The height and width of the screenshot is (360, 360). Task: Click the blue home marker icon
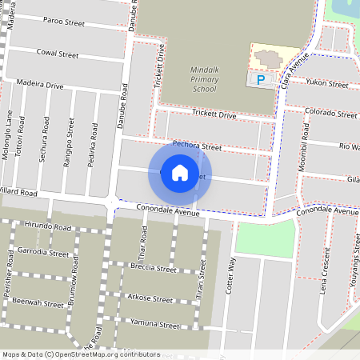tap(180, 172)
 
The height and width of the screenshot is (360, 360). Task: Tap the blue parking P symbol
tap(261, 79)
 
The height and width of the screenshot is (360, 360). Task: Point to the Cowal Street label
tap(58, 54)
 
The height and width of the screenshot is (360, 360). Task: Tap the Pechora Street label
tap(196, 147)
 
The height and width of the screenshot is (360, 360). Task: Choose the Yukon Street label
tap(328, 83)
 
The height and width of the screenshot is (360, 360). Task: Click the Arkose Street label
tap(150, 298)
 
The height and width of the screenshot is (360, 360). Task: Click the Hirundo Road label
tap(47, 227)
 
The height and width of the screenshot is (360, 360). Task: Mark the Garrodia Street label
tap(43, 252)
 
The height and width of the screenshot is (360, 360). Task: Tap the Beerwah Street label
tap(38, 304)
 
